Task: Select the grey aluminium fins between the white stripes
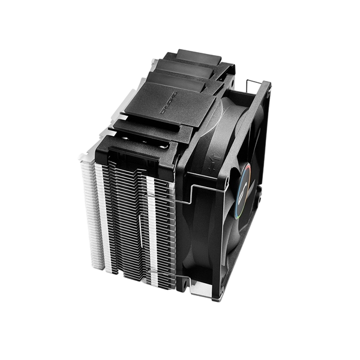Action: coord(126,228)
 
